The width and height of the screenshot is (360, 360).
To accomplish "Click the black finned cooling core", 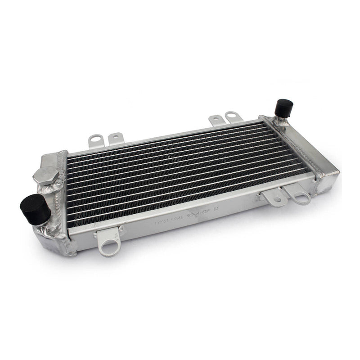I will click(180, 175).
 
